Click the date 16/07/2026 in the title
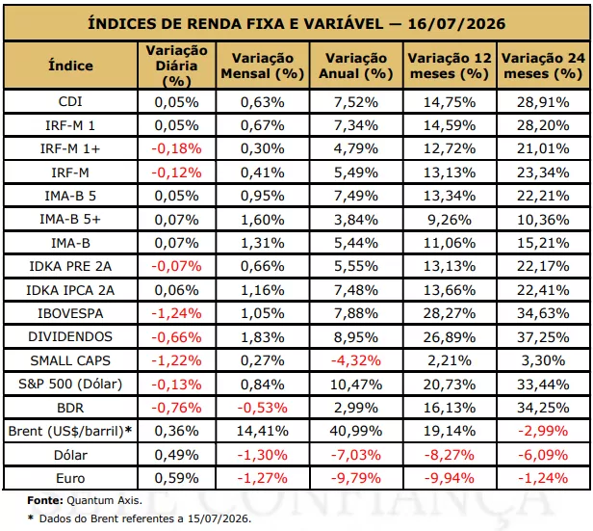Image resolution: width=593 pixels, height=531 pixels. click(x=456, y=23)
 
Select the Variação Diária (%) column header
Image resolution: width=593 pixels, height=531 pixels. click(x=176, y=66)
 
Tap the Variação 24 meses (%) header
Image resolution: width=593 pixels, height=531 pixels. click(x=543, y=66)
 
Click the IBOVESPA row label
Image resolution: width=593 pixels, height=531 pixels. click(x=70, y=313)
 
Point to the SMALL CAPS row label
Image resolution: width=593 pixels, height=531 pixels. click(x=70, y=360)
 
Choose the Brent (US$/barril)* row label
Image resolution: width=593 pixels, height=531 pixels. click(x=70, y=431)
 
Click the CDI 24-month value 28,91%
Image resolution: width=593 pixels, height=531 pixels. click(x=543, y=102)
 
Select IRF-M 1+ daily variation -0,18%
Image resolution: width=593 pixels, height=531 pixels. click(x=176, y=148)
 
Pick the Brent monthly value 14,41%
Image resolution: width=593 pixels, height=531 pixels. click(x=263, y=431)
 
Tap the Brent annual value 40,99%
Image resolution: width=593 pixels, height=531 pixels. click(x=356, y=431)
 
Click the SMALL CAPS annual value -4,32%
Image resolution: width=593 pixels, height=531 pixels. click(x=356, y=360)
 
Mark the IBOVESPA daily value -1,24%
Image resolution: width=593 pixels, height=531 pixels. click(x=176, y=313)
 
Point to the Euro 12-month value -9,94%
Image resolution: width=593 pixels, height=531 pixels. click(x=450, y=478)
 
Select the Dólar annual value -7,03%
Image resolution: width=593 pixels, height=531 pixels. click(x=356, y=455)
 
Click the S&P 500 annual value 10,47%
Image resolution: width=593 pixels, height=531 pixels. click(x=356, y=385)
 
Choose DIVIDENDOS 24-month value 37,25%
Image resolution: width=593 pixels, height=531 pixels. click(x=543, y=337)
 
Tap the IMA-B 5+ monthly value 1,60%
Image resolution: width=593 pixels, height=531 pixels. click(x=263, y=220)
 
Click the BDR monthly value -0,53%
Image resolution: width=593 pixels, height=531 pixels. click(x=263, y=408)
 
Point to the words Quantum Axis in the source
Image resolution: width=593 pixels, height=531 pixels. click(x=104, y=500)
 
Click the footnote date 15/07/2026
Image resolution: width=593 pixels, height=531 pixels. click(x=219, y=518)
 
